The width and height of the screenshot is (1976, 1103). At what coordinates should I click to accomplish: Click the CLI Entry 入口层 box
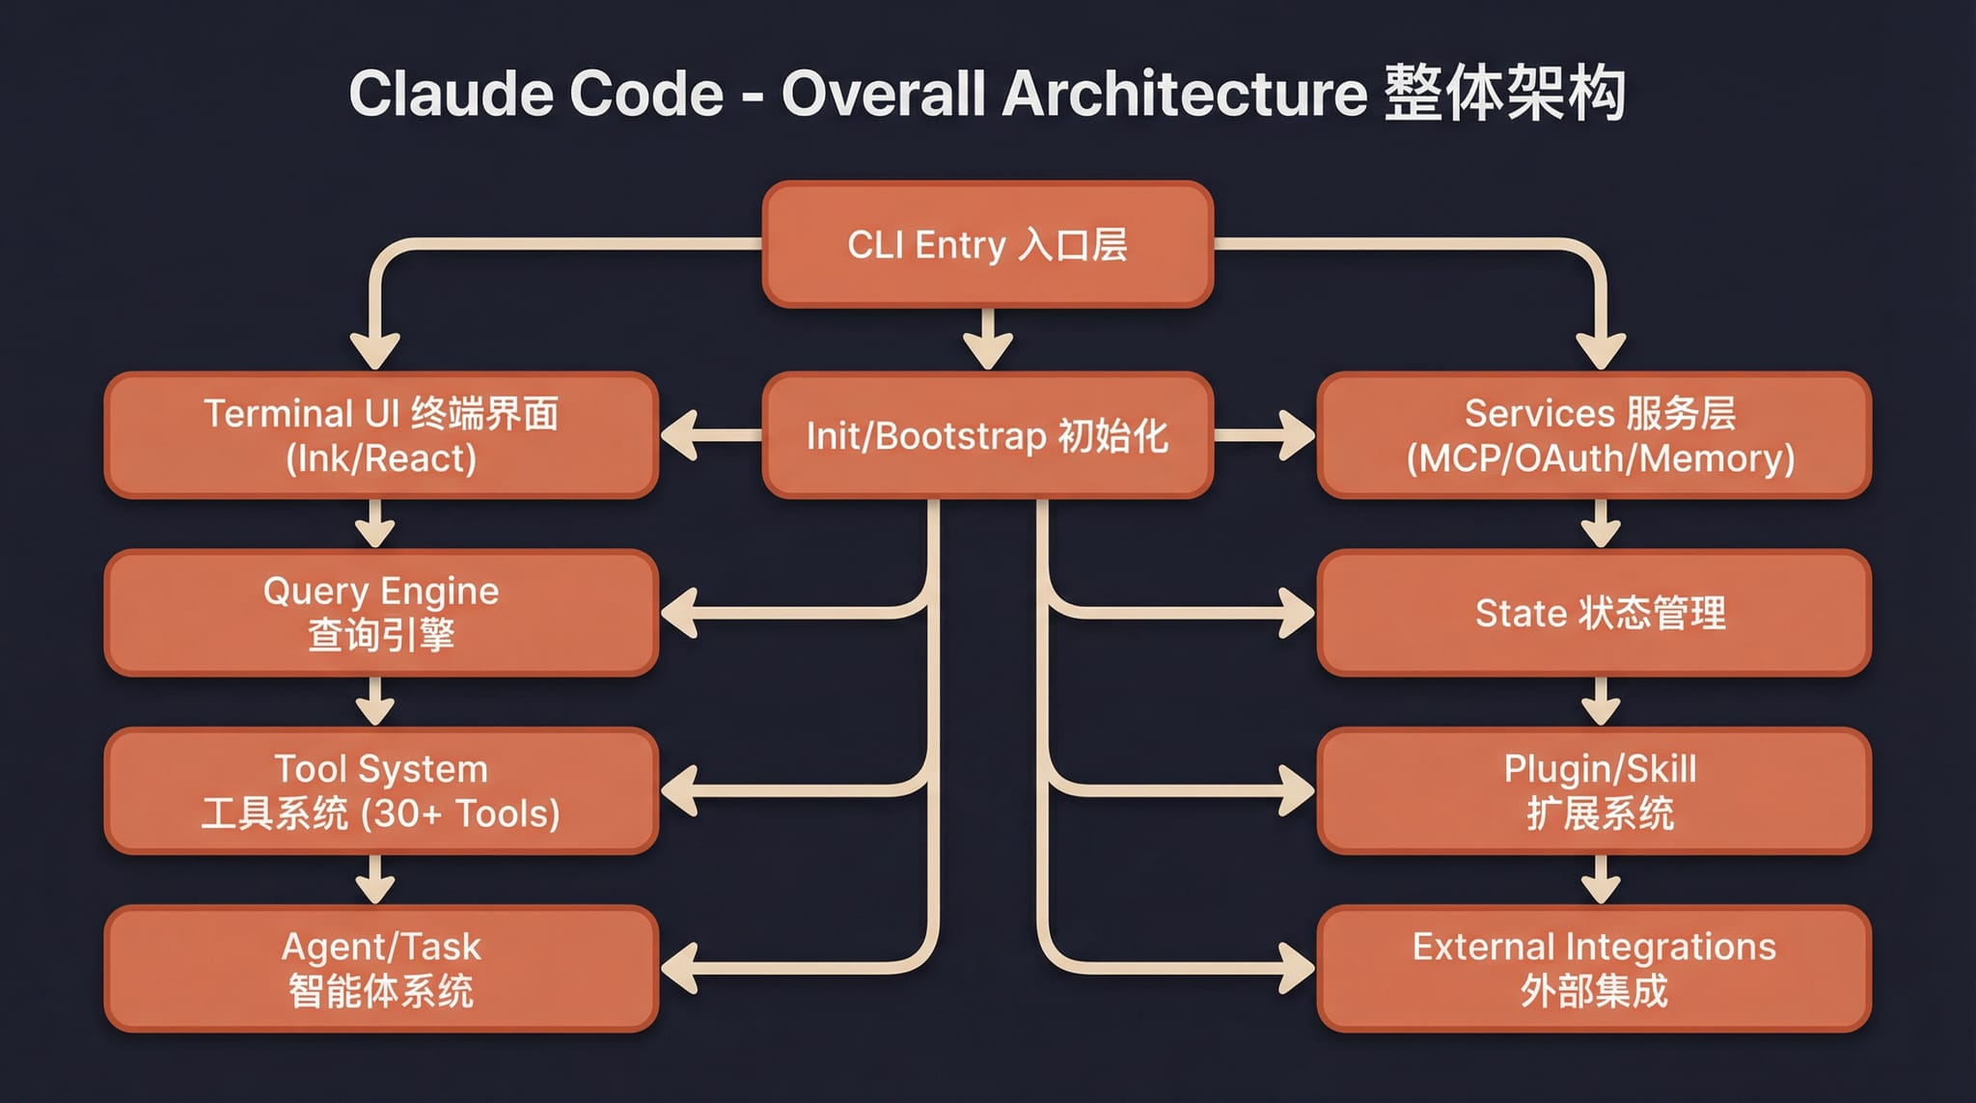coord(987,245)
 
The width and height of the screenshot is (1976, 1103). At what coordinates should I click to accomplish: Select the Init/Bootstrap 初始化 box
coord(987,436)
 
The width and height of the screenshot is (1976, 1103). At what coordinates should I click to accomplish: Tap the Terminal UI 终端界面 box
coord(381,436)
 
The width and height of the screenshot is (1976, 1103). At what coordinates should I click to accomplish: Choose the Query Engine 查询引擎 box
coord(381,614)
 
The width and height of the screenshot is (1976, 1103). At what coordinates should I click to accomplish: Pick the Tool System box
coord(381,791)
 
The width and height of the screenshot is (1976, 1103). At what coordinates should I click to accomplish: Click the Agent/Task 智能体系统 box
coord(381,969)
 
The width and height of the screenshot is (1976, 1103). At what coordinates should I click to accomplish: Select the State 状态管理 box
coord(1594,614)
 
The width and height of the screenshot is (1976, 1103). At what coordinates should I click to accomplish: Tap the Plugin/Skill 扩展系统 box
coord(1594,791)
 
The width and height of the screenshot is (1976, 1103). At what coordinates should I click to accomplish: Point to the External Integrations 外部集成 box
coord(1594,969)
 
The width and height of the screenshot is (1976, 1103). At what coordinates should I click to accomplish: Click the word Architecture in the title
coord(1184,95)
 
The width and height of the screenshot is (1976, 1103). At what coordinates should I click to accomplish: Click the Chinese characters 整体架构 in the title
coord(1505,95)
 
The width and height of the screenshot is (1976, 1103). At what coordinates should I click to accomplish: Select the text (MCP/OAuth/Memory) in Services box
coord(1600,459)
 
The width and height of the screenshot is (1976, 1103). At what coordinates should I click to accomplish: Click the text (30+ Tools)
coord(460,814)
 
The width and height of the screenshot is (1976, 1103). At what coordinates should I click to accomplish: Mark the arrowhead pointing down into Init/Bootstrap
coord(987,349)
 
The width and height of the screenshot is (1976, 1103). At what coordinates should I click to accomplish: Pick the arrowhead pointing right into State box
coord(1295,614)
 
